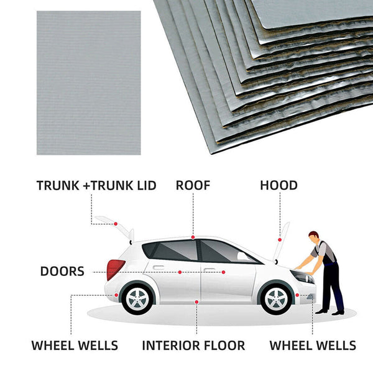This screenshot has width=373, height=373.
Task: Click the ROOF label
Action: click(193, 185)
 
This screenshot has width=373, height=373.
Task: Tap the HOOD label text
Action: click(279, 185)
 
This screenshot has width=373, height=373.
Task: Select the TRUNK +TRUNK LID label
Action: click(96, 185)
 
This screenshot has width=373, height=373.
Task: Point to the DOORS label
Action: click(62, 272)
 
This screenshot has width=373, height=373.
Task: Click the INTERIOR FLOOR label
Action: click(193, 346)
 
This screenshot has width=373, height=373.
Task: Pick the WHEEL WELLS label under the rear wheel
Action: click(75, 346)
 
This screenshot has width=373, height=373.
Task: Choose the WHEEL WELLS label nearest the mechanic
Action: click(312, 346)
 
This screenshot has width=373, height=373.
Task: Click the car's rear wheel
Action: click(137, 299)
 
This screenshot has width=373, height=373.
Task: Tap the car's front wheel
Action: click(276, 299)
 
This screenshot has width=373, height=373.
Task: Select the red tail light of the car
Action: click(114, 269)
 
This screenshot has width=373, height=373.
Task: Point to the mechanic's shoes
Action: click(329, 311)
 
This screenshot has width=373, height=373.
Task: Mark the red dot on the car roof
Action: click(193, 237)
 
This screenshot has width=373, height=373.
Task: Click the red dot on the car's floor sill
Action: click(196, 302)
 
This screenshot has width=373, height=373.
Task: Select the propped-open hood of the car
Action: click(283, 239)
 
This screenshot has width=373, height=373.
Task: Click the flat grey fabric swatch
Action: click(88, 83)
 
